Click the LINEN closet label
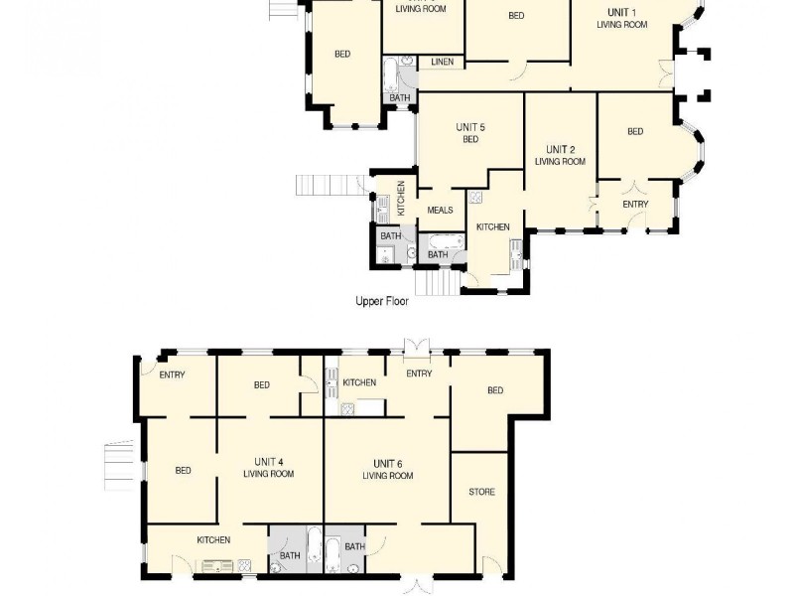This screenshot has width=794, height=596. coord(442,63)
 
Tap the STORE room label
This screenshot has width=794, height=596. coord(481,492)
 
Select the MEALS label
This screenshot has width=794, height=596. coord(440,211)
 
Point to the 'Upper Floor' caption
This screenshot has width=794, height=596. coord(382,300)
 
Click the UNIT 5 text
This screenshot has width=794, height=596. coord(470,127)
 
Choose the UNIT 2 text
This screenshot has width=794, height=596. coord(560,149)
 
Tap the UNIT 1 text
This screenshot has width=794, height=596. coord(621,12)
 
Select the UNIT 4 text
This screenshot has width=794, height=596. coord(268,462)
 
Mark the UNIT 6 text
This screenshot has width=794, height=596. coord(387,464)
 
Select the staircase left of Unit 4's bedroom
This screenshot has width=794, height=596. coord(118,465)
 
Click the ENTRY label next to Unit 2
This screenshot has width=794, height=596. coord(635,205)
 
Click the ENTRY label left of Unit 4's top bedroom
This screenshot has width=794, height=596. coord(172,373)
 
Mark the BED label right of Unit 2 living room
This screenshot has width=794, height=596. coord(635,131)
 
